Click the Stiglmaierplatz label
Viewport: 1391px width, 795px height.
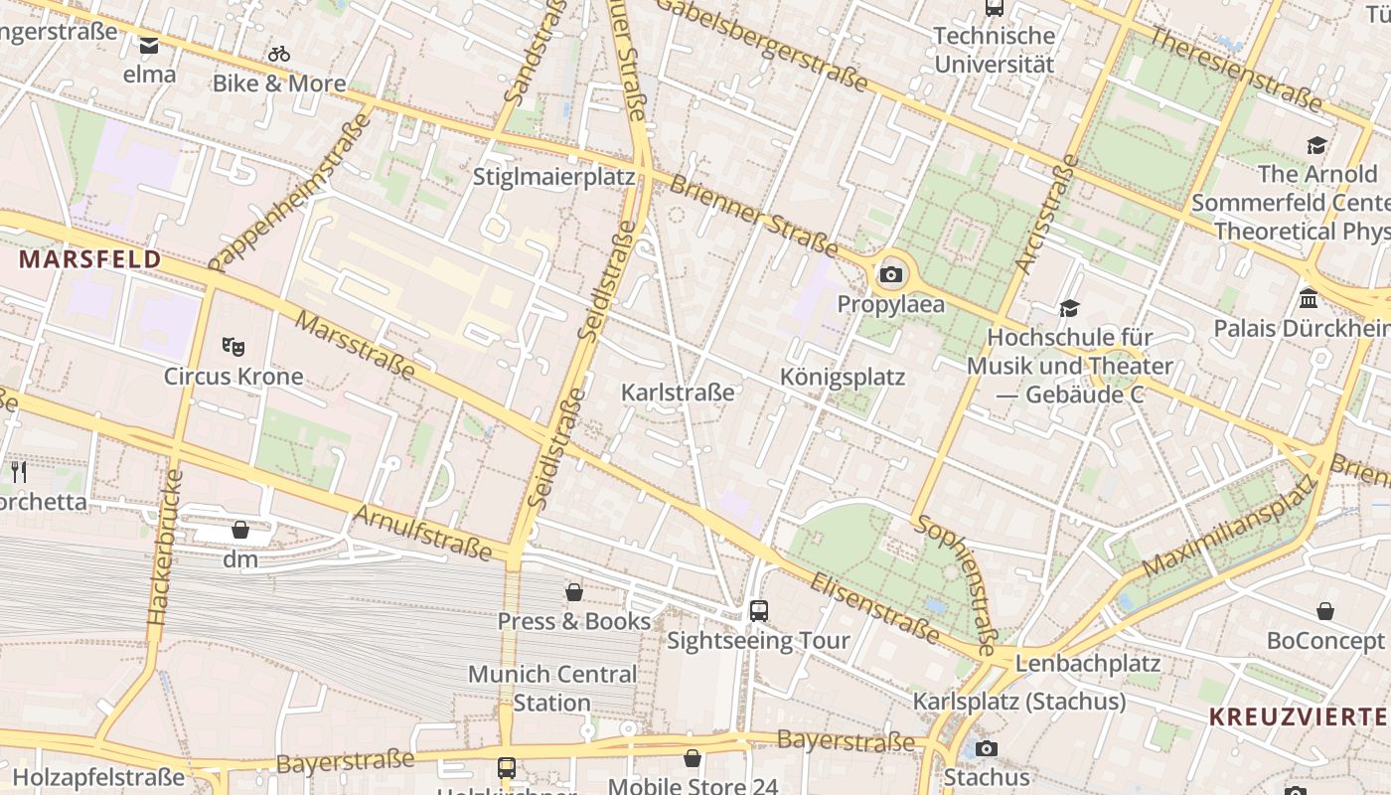point(553,177)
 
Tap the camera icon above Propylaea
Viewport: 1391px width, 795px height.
point(891,275)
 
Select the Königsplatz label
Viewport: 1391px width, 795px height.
point(843,377)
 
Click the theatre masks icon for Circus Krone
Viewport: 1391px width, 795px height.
point(233,347)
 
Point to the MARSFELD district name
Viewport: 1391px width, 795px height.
point(89,259)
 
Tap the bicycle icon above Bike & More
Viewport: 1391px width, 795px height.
point(279,54)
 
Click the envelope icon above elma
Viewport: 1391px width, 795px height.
point(149,45)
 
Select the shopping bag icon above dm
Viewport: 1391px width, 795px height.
point(239,530)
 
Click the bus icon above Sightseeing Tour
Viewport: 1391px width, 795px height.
point(759,610)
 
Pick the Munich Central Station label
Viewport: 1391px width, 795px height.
point(552,688)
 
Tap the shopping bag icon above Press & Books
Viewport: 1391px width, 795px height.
point(574,592)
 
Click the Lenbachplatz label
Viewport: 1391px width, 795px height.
point(1088,663)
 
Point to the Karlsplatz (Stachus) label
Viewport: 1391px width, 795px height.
point(1019,702)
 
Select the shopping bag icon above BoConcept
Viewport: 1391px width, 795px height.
point(1325,611)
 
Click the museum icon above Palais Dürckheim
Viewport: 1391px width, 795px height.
point(1309,298)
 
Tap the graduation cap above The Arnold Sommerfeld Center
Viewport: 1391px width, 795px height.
point(1317,145)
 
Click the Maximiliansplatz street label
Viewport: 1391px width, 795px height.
point(1229,528)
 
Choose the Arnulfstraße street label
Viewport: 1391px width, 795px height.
point(423,531)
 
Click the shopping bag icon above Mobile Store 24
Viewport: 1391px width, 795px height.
point(693,759)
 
